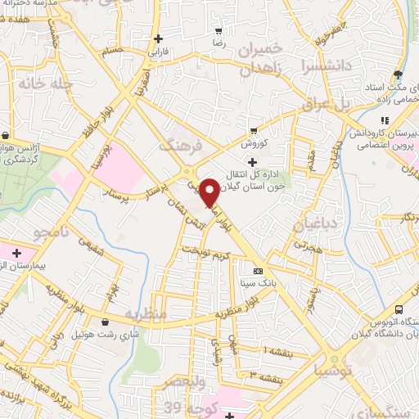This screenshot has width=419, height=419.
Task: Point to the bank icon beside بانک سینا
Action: [259, 270]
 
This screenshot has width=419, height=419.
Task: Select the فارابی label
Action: [157, 51]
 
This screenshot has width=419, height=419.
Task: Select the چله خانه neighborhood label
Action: [44, 84]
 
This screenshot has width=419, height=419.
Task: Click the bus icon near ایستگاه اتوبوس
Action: [399, 309]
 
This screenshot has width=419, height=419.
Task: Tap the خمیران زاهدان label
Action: [264, 58]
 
